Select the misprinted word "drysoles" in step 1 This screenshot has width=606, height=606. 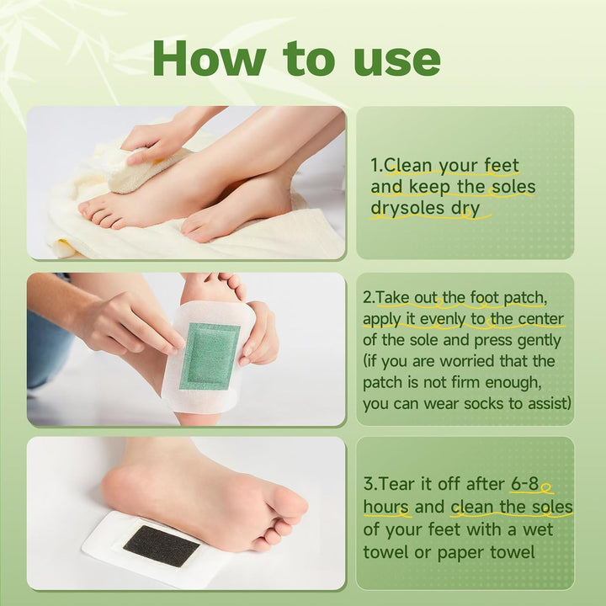pos(403,208)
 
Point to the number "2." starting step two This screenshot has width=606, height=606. pos(369,298)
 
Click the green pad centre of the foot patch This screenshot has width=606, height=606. pos(210,356)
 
